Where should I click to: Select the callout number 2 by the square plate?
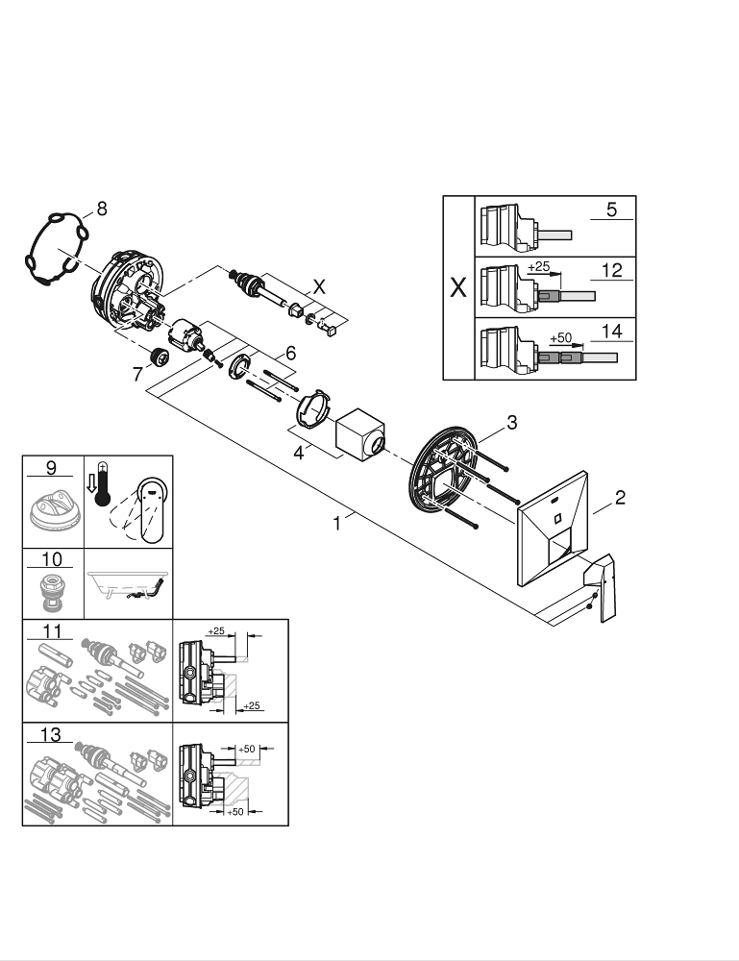[x=620, y=497]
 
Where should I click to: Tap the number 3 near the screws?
[x=512, y=422]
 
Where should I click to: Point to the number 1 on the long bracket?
[x=337, y=525]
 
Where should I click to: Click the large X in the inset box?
[x=458, y=288]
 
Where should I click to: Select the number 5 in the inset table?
[x=611, y=209]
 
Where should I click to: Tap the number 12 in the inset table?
[x=611, y=270]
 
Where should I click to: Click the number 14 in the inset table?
[x=611, y=331]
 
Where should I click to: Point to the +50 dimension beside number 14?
[x=559, y=338]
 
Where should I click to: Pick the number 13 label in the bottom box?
[x=50, y=735]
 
